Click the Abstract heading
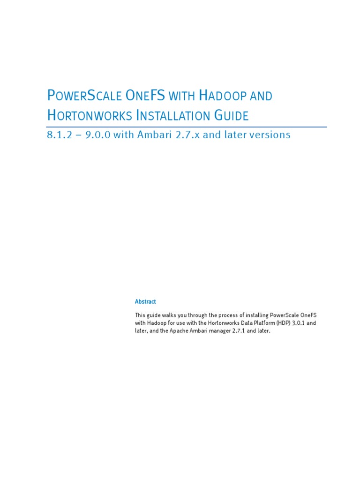[x=145, y=302]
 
